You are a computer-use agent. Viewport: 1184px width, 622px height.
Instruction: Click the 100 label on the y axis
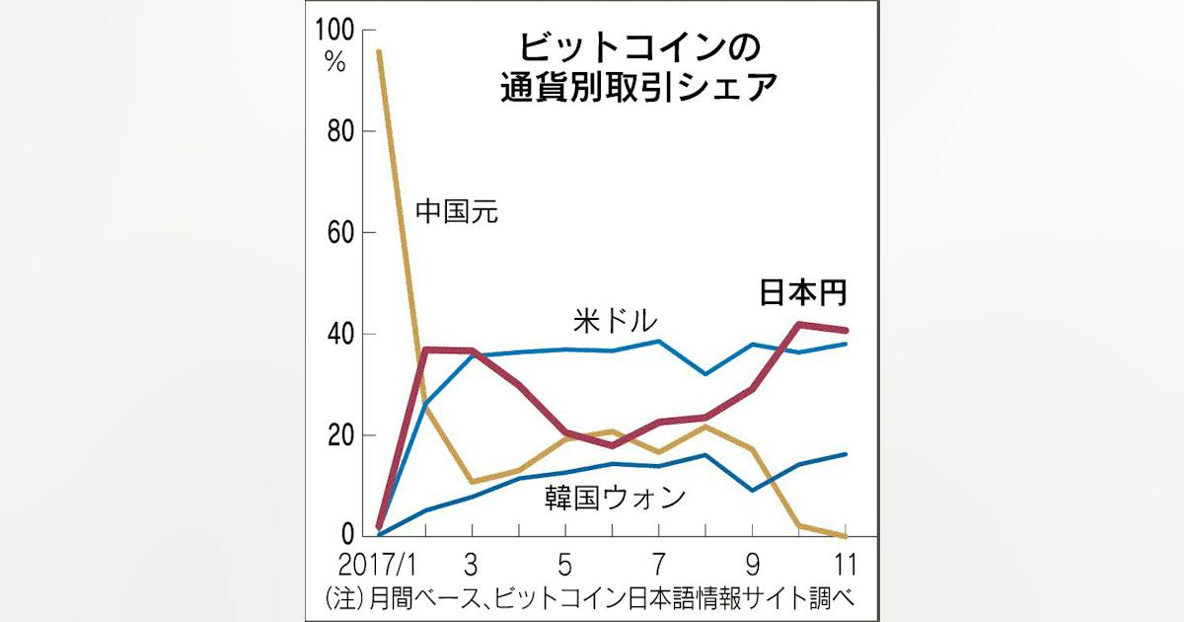click(x=334, y=30)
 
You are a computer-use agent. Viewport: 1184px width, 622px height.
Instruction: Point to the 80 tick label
click(x=340, y=130)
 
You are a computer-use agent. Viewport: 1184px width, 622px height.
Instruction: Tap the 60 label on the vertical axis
click(x=340, y=232)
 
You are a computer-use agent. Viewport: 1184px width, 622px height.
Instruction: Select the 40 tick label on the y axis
click(x=340, y=334)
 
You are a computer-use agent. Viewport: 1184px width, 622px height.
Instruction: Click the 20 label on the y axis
click(x=340, y=435)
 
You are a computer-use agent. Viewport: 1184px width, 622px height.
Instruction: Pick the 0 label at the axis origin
click(x=347, y=534)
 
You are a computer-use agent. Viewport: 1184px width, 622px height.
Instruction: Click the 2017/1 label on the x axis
click(x=377, y=565)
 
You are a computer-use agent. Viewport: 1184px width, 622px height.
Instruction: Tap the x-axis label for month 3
click(x=471, y=565)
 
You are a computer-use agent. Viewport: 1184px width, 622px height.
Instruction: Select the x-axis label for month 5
click(x=564, y=565)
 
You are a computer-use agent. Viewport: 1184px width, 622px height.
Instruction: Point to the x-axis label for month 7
click(x=658, y=565)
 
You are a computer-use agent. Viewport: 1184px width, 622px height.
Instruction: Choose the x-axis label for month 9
click(x=752, y=565)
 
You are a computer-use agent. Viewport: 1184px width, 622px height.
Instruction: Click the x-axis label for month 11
click(x=845, y=565)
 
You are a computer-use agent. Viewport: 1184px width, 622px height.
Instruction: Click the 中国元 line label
click(x=457, y=211)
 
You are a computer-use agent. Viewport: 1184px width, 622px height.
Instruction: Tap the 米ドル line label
click(x=616, y=321)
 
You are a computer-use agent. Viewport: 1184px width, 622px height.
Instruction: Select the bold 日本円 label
click(x=803, y=292)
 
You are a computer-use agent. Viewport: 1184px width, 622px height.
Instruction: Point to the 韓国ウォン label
click(x=616, y=498)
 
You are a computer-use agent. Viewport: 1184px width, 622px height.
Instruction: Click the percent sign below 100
click(x=335, y=62)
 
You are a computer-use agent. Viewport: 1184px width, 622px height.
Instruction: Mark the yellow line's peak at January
click(x=379, y=51)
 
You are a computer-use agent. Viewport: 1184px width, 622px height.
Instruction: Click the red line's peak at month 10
click(x=799, y=324)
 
